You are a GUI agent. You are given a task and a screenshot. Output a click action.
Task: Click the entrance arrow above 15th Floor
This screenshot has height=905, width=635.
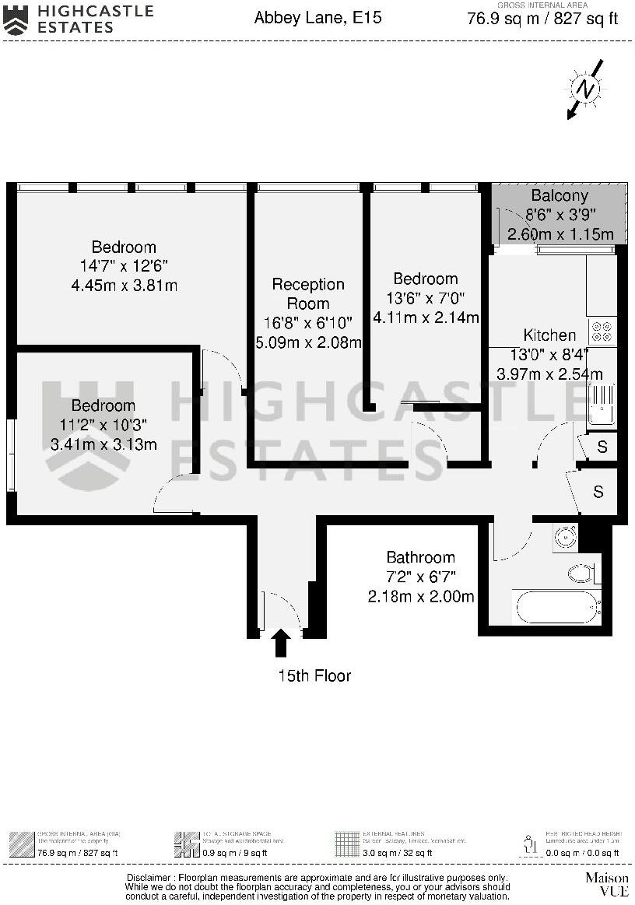[281, 644]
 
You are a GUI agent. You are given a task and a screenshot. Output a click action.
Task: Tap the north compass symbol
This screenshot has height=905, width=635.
[585, 89]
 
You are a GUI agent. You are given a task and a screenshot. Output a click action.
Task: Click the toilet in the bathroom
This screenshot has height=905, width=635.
[583, 574]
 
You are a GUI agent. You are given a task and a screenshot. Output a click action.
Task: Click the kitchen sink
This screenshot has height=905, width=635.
[602, 405]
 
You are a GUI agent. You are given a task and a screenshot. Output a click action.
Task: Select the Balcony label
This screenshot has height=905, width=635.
[560, 195]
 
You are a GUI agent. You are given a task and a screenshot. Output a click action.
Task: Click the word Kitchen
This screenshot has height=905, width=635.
[549, 335]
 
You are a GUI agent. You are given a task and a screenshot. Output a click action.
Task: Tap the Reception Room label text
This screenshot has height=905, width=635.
[308, 294]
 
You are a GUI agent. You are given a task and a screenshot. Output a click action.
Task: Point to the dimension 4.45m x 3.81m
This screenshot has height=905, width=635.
[124, 286]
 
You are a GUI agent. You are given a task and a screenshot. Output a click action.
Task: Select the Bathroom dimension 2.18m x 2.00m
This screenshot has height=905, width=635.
[421, 597]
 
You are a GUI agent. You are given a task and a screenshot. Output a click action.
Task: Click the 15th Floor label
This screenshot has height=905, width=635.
[314, 676]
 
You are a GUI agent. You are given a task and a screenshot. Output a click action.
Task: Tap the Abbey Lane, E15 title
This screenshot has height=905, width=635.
[317, 17]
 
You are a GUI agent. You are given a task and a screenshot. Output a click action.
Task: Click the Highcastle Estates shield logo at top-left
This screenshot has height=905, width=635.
[16, 19]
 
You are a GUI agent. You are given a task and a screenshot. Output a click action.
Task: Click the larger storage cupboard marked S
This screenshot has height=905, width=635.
[597, 492]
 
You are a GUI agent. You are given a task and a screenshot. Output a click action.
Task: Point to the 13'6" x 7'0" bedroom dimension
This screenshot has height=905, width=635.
[426, 298]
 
